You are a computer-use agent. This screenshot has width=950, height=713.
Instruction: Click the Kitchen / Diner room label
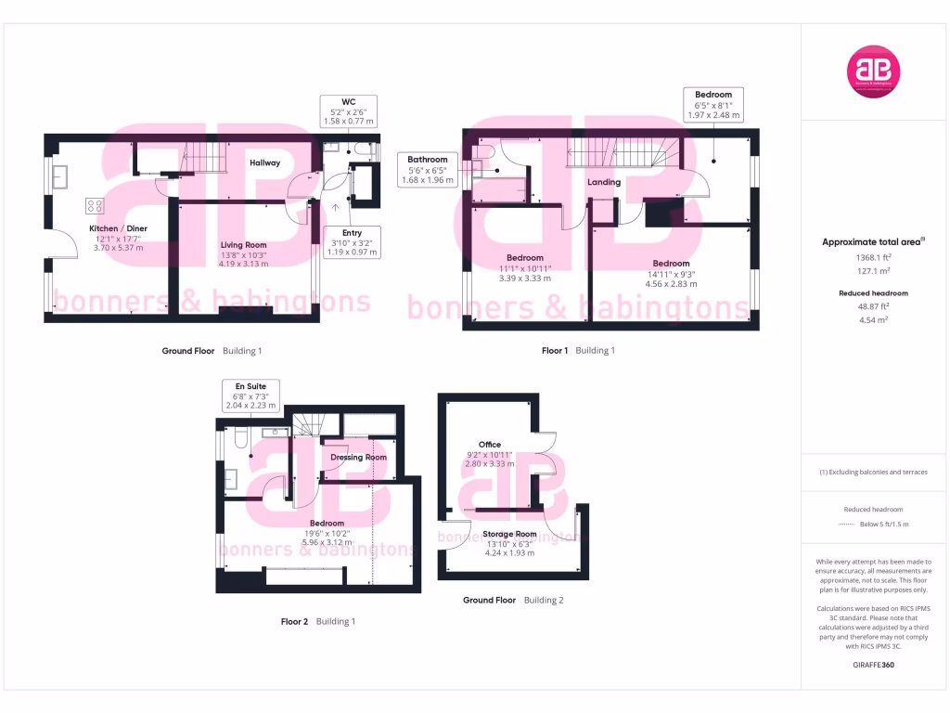point(118,228)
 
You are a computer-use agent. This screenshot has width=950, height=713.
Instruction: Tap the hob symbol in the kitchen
point(95,205)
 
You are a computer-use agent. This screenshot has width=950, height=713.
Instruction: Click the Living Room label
point(243,245)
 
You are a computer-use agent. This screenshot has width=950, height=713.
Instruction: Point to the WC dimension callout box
point(349,110)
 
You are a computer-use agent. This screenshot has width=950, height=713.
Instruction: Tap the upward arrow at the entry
point(336,207)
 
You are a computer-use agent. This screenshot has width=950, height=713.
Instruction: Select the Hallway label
point(264,162)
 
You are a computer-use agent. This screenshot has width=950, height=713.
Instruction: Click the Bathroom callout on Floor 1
point(428,170)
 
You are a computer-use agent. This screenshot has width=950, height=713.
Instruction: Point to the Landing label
point(604,182)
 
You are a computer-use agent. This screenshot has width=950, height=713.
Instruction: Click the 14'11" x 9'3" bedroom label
point(671,263)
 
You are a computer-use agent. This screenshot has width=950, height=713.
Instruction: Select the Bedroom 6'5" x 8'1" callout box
point(713,104)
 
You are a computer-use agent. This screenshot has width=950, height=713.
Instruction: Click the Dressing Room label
point(359,457)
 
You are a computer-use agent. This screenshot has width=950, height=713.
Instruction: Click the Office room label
point(489,445)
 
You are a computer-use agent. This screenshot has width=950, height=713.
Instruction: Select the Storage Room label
point(511,534)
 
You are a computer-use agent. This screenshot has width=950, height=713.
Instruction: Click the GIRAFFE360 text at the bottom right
point(873,666)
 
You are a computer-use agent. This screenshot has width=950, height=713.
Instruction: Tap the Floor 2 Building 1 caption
point(318,621)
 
